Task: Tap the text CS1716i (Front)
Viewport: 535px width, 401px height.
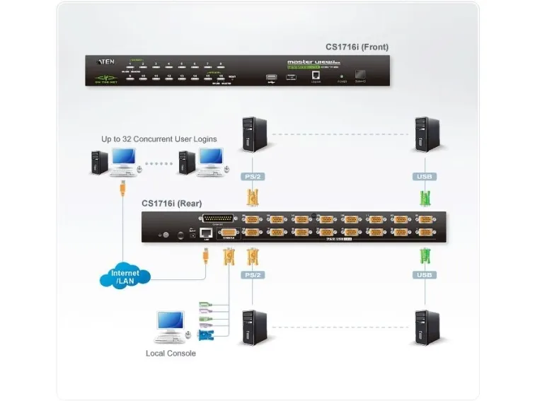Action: click(x=357, y=47)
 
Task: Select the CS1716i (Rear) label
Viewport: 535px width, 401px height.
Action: click(x=171, y=204)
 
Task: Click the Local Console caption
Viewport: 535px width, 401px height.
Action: click(x=171, y=353)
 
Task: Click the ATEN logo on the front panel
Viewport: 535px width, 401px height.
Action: click(x=100, y=62)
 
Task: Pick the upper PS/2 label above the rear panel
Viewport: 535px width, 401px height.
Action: click(x=250, y=176)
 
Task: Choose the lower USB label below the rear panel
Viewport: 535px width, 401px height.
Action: click(x=424, y=274)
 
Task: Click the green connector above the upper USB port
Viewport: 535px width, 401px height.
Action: click(x=425, y=196)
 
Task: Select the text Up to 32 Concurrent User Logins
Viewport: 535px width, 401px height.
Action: click(x=159, y=139)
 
